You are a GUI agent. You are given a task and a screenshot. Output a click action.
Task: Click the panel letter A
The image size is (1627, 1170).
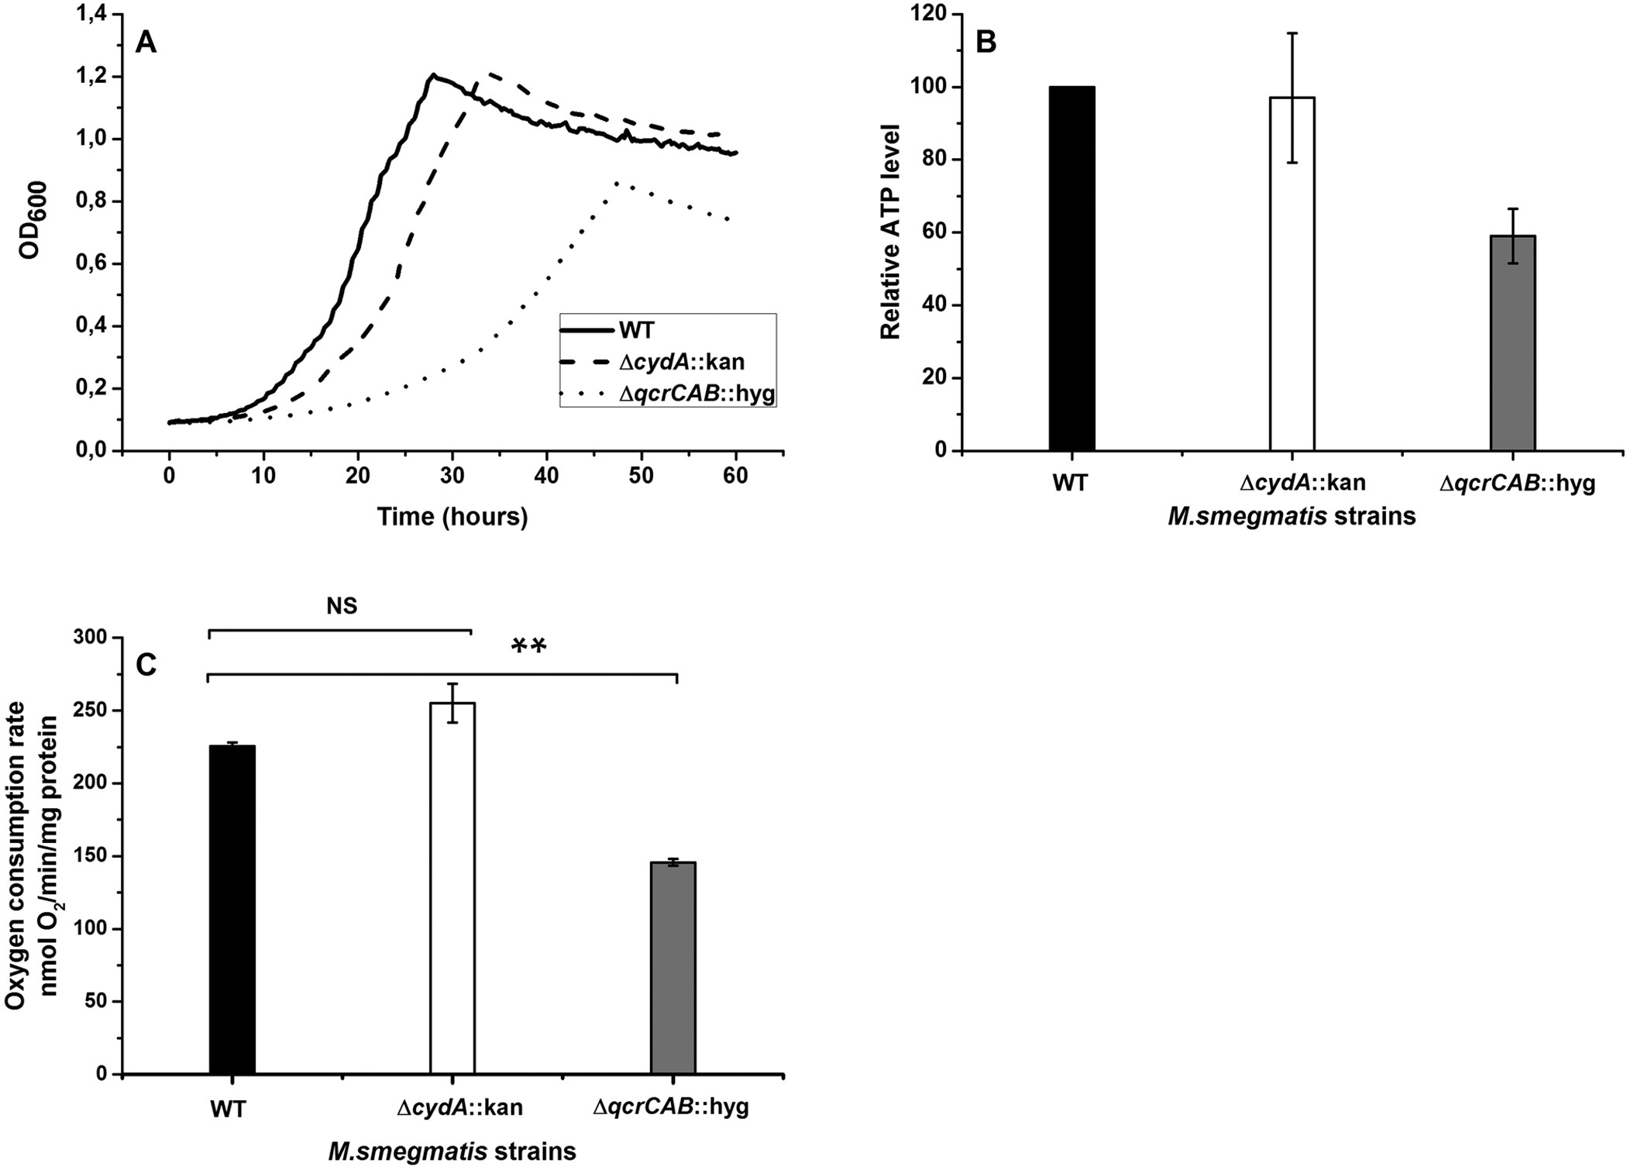click(x=146, y=43)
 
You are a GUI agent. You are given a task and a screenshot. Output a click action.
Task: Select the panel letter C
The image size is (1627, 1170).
click(x=146, y=664)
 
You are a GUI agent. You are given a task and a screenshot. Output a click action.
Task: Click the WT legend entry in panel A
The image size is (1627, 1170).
click(x=636, y=331)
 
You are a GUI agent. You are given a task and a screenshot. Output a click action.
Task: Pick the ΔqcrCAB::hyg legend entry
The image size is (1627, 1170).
click(x=697, y=394)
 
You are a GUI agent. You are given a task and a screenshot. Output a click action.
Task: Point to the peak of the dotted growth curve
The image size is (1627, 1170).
click(x=617, y=184)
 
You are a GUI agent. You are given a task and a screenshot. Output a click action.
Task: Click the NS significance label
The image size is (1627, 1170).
click(x=342, y=606)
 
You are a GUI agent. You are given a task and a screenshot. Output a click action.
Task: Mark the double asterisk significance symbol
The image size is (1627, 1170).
click(x=530, y=645)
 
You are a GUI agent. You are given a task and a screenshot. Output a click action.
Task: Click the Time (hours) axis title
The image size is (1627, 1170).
click(x=452, y=517)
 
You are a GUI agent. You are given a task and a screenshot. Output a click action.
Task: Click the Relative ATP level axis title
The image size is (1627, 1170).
click(x=891, y=231)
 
